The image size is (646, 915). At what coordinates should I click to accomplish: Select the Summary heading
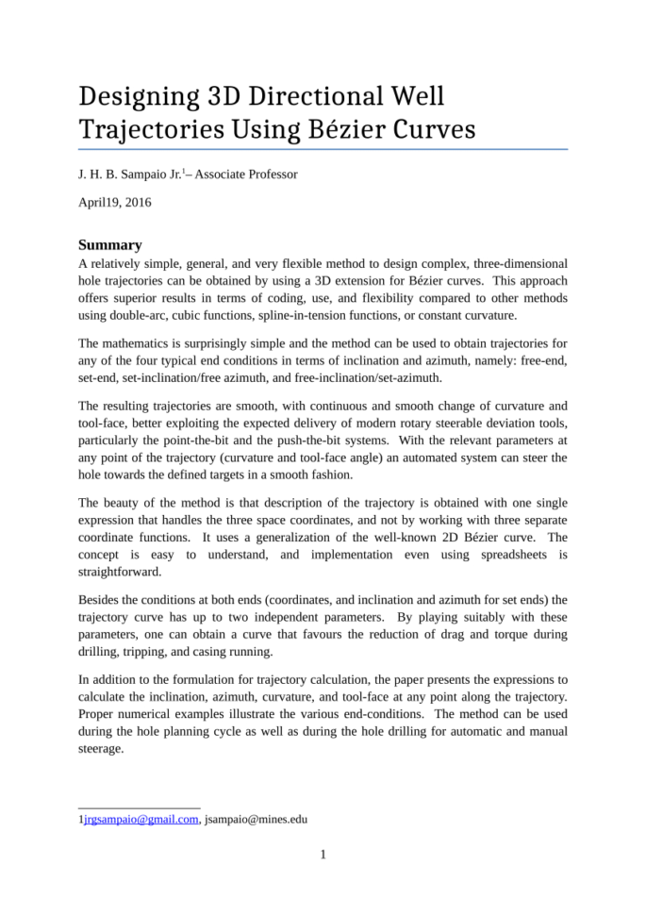110,244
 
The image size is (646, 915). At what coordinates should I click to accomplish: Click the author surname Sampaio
138,175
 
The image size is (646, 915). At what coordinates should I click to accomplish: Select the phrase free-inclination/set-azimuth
430,376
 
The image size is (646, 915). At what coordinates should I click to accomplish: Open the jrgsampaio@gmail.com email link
141,820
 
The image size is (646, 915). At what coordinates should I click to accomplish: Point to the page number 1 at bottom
323,856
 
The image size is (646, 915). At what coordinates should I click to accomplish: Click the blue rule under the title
323,149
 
